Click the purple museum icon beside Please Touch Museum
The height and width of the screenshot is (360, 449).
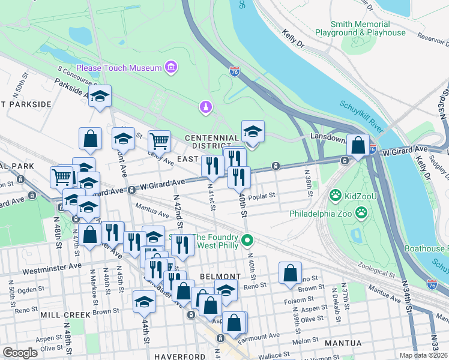[x=172, y=67]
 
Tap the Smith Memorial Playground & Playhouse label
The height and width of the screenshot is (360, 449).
[x=369, y=28]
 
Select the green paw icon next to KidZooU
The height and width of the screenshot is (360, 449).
[x=336, y=196]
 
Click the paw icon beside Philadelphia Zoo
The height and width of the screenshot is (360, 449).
[x=361, y=212]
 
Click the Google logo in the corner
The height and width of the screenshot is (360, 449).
[x=20, y=353]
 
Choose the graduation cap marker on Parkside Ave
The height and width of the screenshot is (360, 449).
[x=100, y=96]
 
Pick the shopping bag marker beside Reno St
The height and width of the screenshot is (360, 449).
[x=290, y=273]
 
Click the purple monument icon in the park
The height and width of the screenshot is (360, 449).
[x=205, y=107]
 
